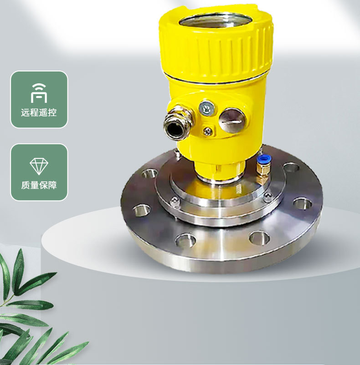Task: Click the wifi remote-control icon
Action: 39,93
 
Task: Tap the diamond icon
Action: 39,166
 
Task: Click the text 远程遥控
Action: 39,112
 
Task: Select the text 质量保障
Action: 39,185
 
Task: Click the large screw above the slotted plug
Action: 207,108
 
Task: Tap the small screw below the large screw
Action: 207,131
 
